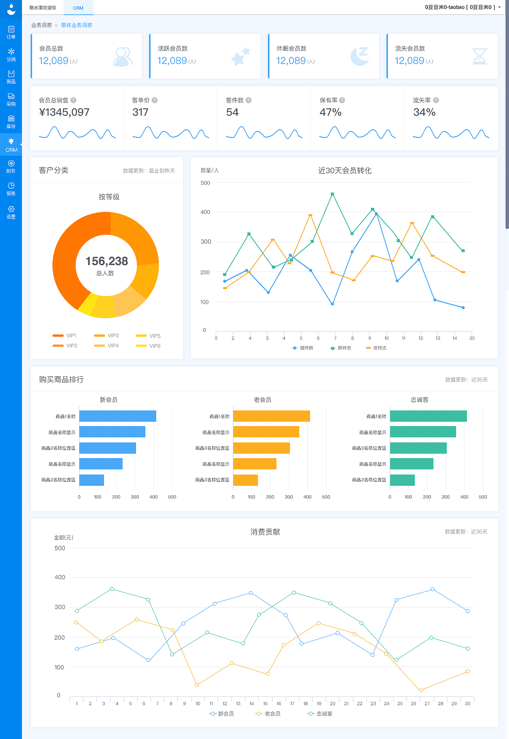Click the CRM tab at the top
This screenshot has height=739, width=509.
pos(78,8)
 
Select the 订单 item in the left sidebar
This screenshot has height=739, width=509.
pos(11,32)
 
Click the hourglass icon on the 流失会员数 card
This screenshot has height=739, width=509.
pos(479,56)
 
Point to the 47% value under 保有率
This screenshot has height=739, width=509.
pos(330,112)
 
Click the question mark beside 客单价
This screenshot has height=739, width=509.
pos(155,100)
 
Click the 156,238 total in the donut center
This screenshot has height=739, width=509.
pos(107,261)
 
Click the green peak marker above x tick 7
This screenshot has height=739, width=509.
pos(332,194)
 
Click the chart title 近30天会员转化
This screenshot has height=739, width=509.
pos(345,171)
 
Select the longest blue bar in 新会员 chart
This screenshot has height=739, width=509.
pos(117,416)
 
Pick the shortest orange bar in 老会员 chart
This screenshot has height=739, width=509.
pos(245,480)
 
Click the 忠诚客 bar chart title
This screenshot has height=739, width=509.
pos(420,400)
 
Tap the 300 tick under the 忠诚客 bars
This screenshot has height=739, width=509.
pos(445,497)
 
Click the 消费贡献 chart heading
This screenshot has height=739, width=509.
pos(265,532)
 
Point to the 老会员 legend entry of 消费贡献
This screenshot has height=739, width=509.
pos(268,714)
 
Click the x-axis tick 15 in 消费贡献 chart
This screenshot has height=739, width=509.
pos(265,703)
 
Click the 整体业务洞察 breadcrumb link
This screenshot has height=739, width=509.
pos(76,25)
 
